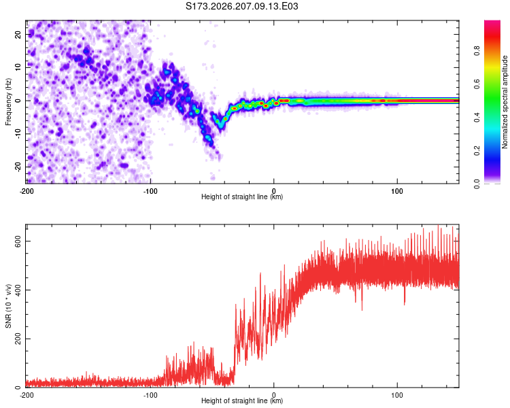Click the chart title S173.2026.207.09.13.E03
(x=241, y=6)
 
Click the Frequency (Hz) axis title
(x=8, y=102)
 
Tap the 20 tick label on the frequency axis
(x=18, y=35)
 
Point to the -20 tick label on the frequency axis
(x=18, y=167)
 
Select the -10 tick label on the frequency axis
(x=18, y=134)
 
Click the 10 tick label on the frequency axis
(x=18, y=67)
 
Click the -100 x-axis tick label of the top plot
(x=150, y=191)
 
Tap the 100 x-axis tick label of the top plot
(x=397, y=191)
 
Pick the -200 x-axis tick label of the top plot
(x=27, y=191)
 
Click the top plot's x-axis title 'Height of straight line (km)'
(x=242, y=197)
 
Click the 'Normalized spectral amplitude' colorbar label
(x=505, y=102)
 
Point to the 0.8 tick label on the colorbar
(x=477, y=51)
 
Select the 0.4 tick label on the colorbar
(x=477, y=118)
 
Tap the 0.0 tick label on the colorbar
(x=477, y=184)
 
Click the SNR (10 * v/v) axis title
(x=8, y=306)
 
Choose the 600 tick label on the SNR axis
(x=18, y=241)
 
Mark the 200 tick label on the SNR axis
(x=18, y=339)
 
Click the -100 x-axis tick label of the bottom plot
(x=150, y=395)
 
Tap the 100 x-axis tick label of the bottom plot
(x=397, y=395)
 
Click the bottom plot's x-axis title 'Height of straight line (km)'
(x=242, y=401)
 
